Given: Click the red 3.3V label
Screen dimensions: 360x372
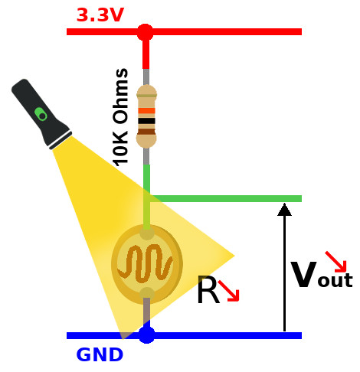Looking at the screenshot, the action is tap(100, 15).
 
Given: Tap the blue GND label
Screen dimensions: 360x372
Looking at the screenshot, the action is tap(100, 354).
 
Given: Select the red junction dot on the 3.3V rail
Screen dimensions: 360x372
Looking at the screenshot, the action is tap(146, 32).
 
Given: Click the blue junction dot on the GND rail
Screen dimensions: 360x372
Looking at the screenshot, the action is tap(147, 335).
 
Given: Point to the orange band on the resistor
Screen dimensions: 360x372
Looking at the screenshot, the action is tap(146, 111).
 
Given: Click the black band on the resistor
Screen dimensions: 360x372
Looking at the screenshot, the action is tap(146, 121).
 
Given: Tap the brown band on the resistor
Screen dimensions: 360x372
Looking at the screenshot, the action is tap(146, 132).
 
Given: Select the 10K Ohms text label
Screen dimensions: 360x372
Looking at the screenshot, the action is tap(120, 117).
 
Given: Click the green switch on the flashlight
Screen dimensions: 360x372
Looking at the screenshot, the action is tap(41, 114).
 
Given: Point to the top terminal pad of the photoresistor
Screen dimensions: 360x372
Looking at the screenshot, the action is tap(147, 234).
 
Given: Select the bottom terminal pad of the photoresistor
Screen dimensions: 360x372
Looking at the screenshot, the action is tap(147, 293).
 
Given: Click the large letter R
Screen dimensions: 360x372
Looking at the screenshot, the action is tap(208, 289).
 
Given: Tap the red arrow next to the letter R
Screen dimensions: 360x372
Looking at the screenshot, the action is tap(229, 291).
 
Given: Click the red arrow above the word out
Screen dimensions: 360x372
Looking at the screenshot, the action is tap(335, 262).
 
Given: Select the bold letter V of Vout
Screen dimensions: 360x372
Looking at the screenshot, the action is tap(304, 274).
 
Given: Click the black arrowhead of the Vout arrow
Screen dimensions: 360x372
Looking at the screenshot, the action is tap(284, 210).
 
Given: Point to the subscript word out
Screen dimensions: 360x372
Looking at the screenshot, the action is tap(335, 280).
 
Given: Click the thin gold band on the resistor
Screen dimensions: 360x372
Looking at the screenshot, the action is tap(146, 96).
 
